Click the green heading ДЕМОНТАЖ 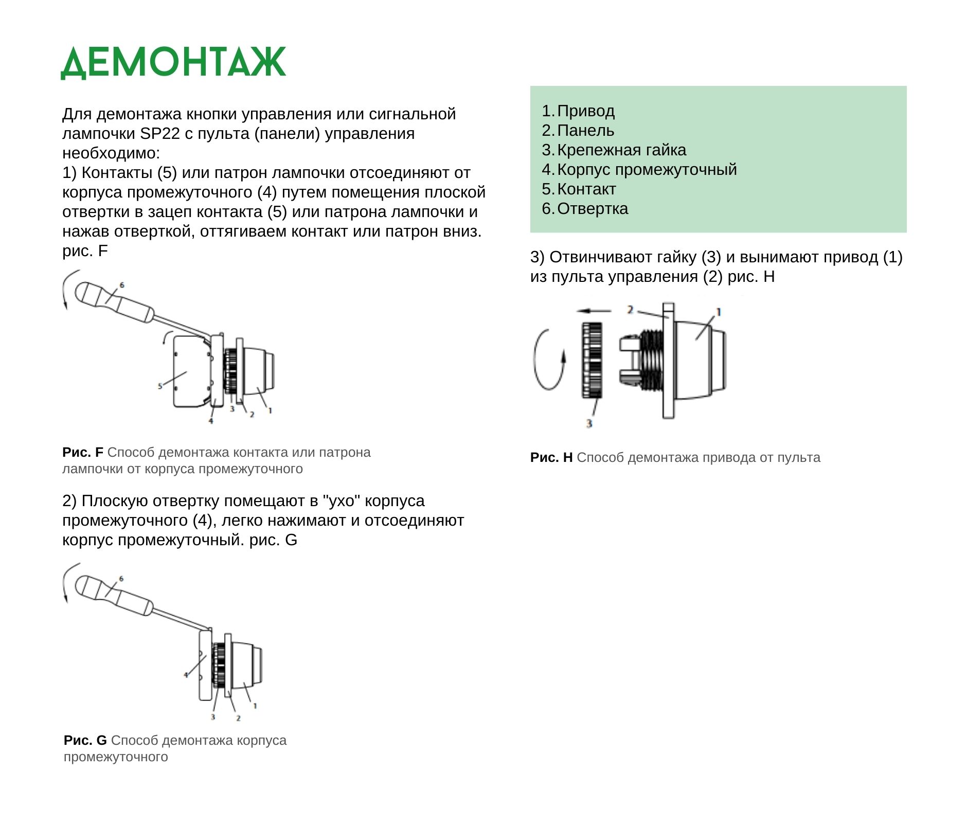click(173, 63)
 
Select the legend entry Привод click(585, 111)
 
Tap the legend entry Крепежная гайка click(621, 150)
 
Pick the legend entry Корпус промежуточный click(647, 170)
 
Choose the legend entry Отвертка click(593, 209)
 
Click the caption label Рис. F click(82, 453)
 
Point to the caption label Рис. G click(85, 741)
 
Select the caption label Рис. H click(551, 458)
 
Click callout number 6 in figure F click(122, 285)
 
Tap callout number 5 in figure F click(160, 386)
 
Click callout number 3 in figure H click(589, 423)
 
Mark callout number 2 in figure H click(630, 310)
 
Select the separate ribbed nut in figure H click(592, 360)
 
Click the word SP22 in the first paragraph click(160, 134)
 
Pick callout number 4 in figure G click(186, 675)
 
